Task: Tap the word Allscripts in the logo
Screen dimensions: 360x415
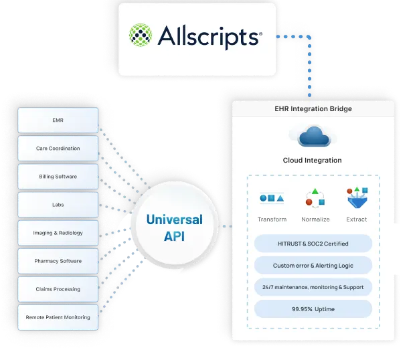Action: tap(208, 37)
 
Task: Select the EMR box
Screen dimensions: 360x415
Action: tap(58, 120)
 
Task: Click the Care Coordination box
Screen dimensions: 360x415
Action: tap(58, 149)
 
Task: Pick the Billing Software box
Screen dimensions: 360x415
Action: tap(58, 177)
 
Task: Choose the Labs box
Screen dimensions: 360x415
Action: tap(58, 205)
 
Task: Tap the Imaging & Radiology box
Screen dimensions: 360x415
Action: tap(58, 233)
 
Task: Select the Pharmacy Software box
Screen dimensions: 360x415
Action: tap(58, 261)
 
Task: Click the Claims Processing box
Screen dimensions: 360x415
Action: tap(58, 289)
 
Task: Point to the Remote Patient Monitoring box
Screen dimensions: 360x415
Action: tap(58, 317)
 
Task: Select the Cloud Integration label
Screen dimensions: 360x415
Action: tap(312, 161)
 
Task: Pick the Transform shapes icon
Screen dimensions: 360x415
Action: tap(272, 198)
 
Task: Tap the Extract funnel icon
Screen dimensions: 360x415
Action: tap(356, 198)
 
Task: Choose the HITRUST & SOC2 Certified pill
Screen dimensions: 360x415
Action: tap(313, 243)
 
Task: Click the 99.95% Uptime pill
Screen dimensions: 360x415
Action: tap(313, 308)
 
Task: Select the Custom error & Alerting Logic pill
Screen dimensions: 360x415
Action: tap(313, 265)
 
